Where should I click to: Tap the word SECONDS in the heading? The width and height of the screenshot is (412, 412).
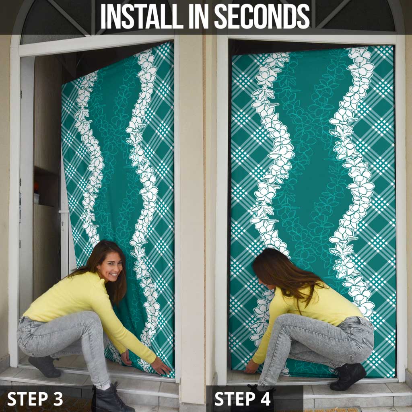pos(262,16)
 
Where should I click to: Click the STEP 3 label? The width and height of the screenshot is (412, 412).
pos(35,399)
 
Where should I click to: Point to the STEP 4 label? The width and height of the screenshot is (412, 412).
pos(242,399)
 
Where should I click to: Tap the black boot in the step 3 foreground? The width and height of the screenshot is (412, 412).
pos(110,398)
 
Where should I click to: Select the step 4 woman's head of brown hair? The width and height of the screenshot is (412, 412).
pos(281,273)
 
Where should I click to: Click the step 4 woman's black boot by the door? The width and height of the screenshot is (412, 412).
pos(348,376)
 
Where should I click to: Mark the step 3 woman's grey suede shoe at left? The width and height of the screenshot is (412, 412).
pos(45,366)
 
